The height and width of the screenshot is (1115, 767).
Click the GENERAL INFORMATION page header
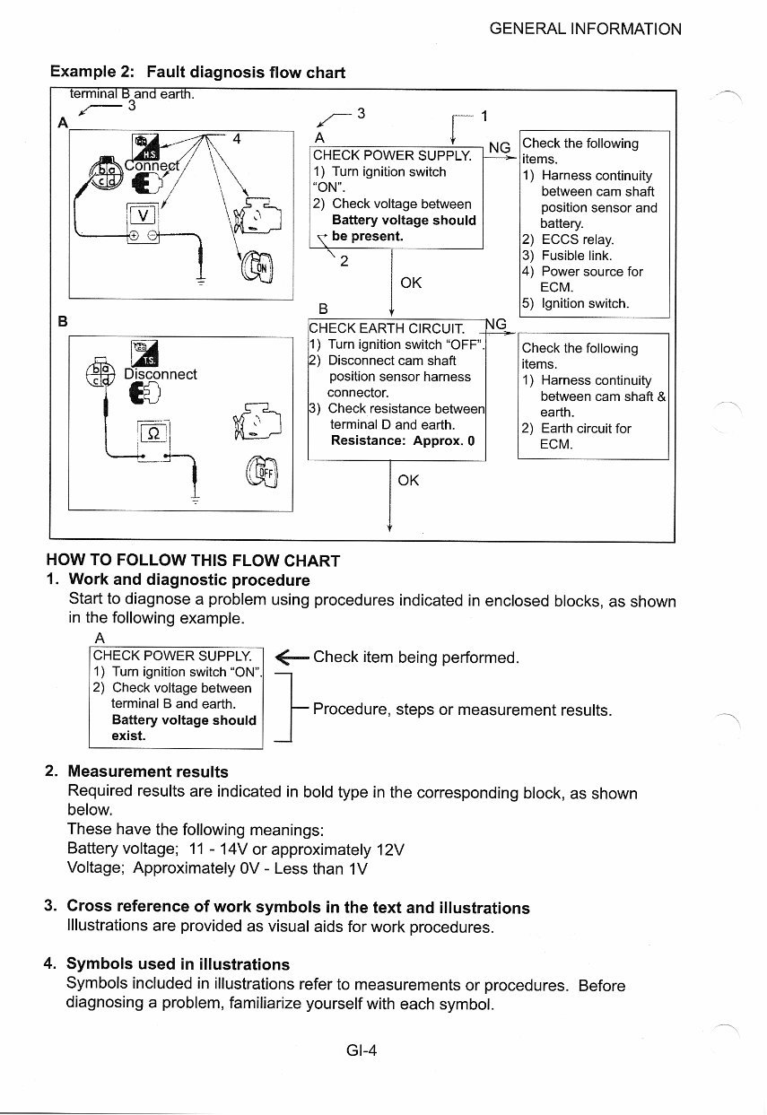(585, 29)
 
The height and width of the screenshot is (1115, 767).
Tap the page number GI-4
(361, 1050)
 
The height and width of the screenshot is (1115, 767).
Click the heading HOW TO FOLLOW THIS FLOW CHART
(193, 561)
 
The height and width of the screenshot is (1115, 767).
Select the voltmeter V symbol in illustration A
(143, 214)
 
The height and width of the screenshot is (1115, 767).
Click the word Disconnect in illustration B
(160, 374)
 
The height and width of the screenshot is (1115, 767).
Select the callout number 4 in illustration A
(237, 139)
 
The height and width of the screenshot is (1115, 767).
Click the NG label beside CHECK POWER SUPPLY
(499, 148)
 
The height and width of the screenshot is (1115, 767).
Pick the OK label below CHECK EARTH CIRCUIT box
(408, 481)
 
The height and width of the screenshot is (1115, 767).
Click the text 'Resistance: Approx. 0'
(402, 440)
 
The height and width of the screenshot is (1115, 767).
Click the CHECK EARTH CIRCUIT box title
(386, 328)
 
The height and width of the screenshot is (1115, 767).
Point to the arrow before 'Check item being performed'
(291, 658)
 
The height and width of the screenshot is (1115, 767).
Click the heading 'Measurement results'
(148, 771)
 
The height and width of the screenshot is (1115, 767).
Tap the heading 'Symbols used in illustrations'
(179, 964)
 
